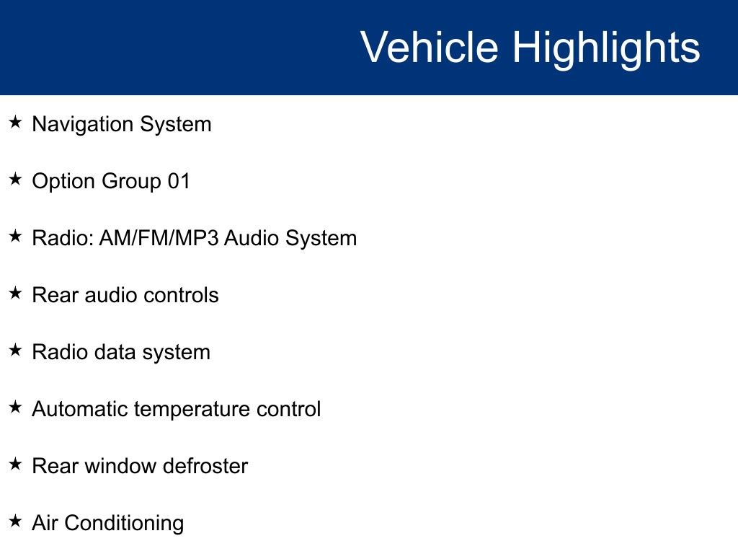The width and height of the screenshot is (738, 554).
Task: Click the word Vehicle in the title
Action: [x=429, y=48]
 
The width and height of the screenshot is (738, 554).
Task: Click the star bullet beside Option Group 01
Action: [x=15, y=180]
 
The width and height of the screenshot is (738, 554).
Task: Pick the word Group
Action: [x=131, y=182]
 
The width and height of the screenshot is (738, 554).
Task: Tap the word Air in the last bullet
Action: [x=45, y=523]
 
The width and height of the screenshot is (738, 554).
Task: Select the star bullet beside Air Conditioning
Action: [x=15, y=522]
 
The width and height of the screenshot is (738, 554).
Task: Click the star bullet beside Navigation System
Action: [x=15, y=123]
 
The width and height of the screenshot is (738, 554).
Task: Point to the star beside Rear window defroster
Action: [x=15, y=465]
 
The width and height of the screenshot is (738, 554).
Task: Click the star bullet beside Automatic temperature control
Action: [x=15, y=408]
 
